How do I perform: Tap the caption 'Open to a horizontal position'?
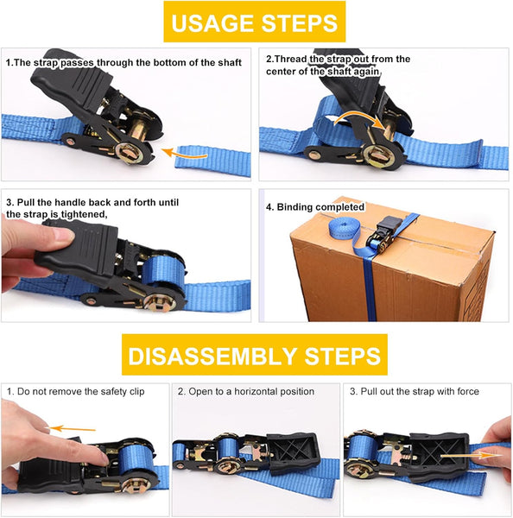click(246, 392)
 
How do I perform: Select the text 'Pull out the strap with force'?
click(419, 392)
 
